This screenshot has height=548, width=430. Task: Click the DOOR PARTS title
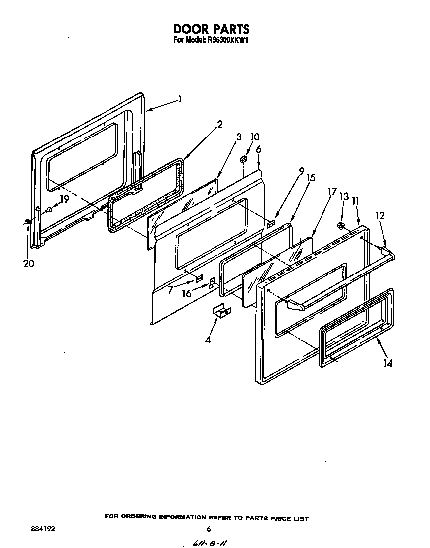(211, 29)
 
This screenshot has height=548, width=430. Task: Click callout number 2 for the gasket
(219, 125)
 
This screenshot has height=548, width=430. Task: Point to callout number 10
(254, 137)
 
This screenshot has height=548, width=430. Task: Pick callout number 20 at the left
(28, 264)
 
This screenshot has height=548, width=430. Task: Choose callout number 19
(64, 199)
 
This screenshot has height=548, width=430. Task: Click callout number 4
(208, 340)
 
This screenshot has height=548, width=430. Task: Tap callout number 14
(387, 363)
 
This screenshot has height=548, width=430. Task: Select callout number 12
(380, 216)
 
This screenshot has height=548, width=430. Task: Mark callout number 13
(342, 197)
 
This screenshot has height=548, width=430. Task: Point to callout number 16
(187, 294)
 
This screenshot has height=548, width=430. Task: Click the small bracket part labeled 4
(221, 311)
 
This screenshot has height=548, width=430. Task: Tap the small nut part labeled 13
(341, 226)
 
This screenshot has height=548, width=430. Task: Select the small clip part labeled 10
(244, 159)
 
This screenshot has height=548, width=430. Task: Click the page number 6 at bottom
(209, 529)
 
